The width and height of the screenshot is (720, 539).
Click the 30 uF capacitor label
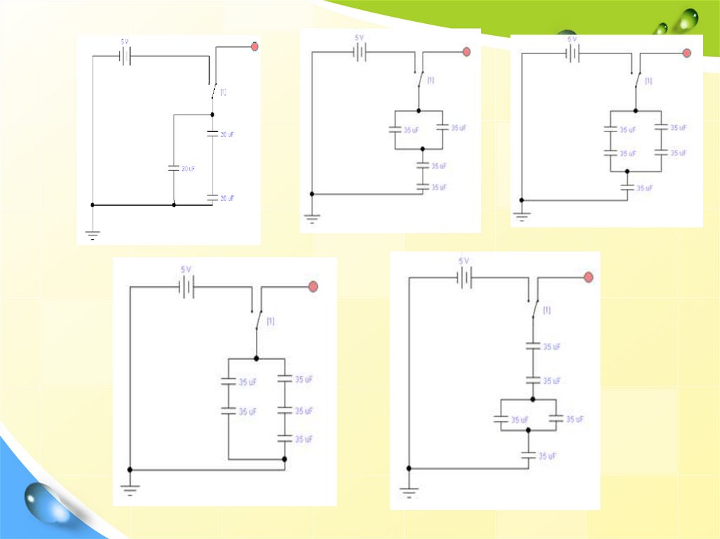point(188,169)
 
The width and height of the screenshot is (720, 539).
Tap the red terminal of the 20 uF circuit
point(255,47)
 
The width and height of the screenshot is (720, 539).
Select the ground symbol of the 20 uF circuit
point(93,233)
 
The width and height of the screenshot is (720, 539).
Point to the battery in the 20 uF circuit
point(125,56)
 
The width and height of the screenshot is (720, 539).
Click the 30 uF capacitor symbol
point(173,168)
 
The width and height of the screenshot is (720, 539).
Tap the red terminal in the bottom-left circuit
point(314,286)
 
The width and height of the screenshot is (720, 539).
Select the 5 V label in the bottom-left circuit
point(186,269)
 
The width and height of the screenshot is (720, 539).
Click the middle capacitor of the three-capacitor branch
point(284,410)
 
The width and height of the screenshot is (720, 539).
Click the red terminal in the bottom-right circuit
point(589,278)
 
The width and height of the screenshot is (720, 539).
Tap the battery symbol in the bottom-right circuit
point(464,278)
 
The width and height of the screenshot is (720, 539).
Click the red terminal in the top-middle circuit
point(466,52)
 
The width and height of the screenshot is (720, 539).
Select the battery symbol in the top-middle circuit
point(360,52)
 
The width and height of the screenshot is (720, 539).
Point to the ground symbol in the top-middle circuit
point(311,217)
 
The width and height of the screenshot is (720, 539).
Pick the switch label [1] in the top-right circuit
point(648,81)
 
